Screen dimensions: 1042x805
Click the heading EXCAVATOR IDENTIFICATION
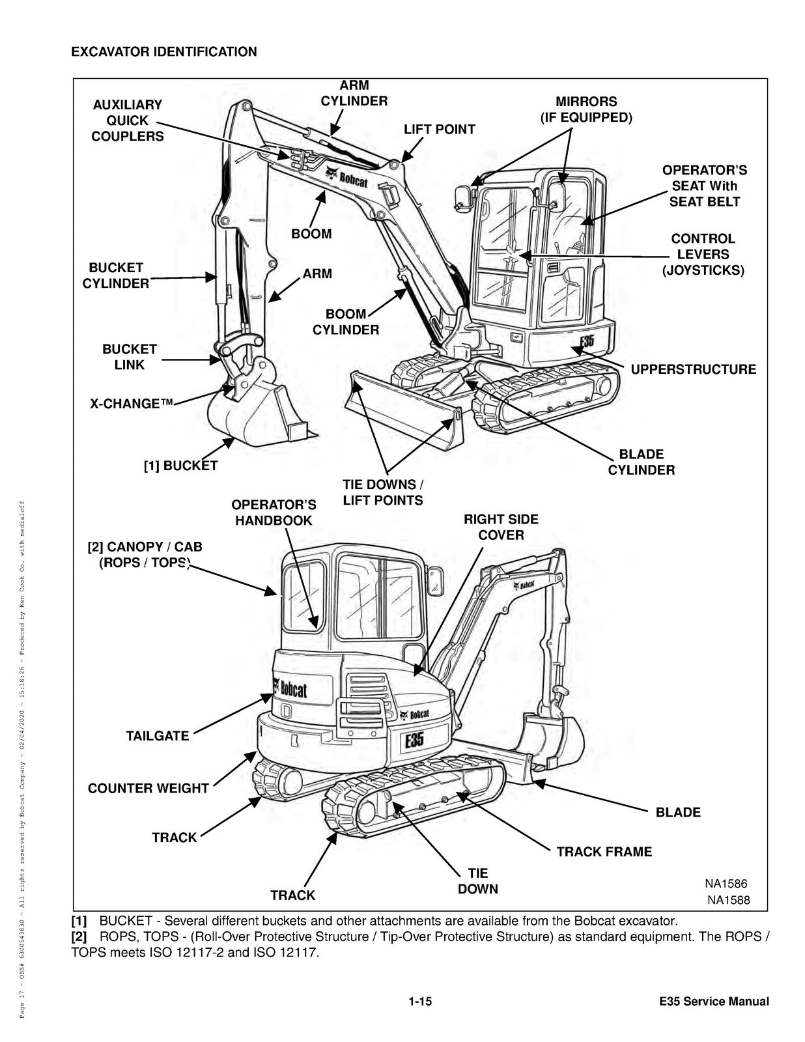click(x=163, y=51)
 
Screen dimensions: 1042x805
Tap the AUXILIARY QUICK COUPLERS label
click(x=127, y=120)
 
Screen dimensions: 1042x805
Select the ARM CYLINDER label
click(x=354, y=93)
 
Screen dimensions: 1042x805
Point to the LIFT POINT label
click(x=439, y=129)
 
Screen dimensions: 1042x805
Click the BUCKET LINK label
click(x=129, y=357)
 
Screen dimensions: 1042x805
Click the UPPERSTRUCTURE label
click(x=693, y=369)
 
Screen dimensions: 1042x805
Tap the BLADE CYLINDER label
click(x=641, y=462)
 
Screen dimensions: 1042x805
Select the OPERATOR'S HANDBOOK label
click(x=274, y=513)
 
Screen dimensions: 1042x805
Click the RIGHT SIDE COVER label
click(x=501, y=527)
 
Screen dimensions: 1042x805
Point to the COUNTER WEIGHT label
click(x=148, y=788)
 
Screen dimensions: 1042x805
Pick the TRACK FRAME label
click(x=604, y=852)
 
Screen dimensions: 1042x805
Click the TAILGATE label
click(x=157, y=736)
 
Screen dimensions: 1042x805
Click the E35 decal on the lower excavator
click(x=414, y=740)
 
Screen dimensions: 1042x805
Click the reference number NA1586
click(x=726, y=884)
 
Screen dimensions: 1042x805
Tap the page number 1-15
click(x=420, y=1002)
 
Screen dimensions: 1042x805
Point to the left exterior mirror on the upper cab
click(x=462, y=197)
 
